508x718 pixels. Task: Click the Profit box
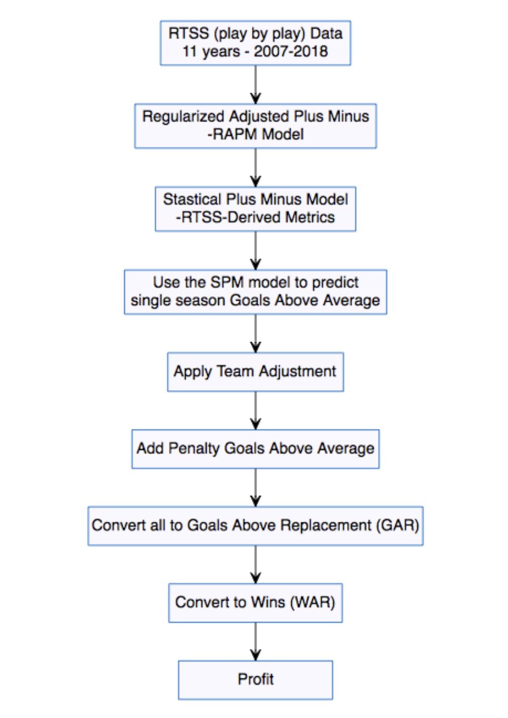point(256,680)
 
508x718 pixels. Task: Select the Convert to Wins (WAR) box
point(256,603)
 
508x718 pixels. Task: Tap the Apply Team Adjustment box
point(256,372)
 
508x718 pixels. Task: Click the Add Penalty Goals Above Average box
point(256,448)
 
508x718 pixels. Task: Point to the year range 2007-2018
point(291,51)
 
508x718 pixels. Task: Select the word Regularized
point(183,116)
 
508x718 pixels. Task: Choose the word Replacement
point(326,525)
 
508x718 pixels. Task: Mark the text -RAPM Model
point(256,135)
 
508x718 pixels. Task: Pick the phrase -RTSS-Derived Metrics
point(256,217)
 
